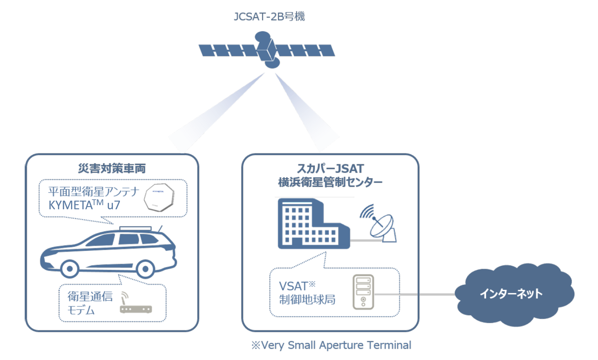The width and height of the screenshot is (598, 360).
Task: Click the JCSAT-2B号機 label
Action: click(x=269, y=16)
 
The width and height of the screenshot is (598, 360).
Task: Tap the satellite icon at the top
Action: click(x=267, y=50)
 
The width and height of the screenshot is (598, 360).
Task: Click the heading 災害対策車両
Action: click(x=112, y=168)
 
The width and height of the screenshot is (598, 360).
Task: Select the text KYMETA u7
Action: click(x=84, y=205)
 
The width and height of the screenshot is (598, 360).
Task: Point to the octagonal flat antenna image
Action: click(x=159, y=197)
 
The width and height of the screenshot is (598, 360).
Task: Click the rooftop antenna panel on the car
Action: click(x=135, y=228)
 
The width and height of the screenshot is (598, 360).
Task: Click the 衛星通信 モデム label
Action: click(x=90, y=303)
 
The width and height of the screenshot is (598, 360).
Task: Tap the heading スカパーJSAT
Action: click(x=330, y=168)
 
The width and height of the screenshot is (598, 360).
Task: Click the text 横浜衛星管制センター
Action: click(x=330, y=182)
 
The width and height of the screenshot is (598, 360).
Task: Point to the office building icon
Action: click(x=314, y=223)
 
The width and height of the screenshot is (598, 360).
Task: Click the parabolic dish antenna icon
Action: click(x=379, y=224)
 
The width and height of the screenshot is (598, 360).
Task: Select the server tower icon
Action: click(x=363, y=292)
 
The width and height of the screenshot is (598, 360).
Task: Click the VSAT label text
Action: click(x=297, y=285)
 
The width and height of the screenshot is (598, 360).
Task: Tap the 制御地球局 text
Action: click(x=307, y=300)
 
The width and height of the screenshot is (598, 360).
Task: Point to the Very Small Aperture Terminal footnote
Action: click(x=331, y=345)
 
